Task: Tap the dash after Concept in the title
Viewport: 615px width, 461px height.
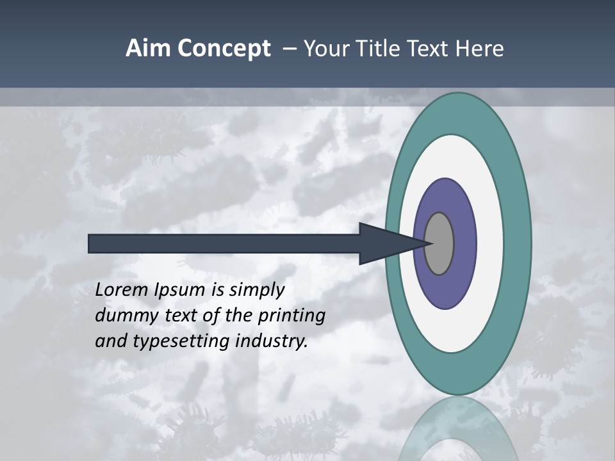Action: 289,49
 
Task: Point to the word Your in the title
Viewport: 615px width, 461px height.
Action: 325,49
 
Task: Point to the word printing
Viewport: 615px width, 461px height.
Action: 291,316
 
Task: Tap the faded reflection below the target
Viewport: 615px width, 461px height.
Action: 458,429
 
